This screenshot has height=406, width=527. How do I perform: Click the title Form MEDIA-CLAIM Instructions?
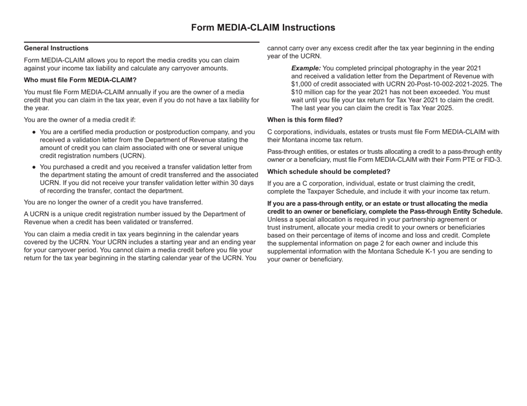pyautogui.click(x=263, y=27)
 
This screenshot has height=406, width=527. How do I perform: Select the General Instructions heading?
pyautogui.click(x=56, y=48)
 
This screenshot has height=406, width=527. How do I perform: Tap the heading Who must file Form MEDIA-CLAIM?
pyautogui.click(x=80, y=80)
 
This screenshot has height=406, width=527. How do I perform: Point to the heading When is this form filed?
pyautogui.click(x=305, y=120)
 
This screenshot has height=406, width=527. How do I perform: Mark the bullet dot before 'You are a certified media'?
pyautogui.click(x=34, y=132)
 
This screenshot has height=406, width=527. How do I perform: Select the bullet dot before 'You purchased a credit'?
pyautogui.click(x=34, y=166)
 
